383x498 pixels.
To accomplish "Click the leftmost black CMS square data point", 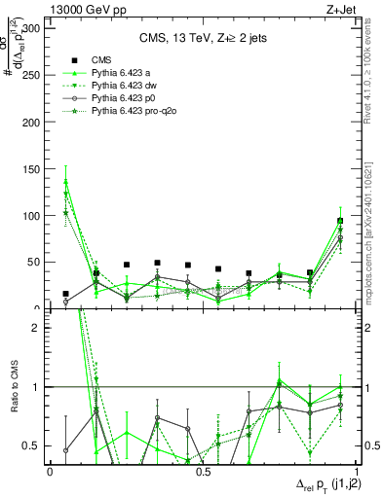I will point(65,294).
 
